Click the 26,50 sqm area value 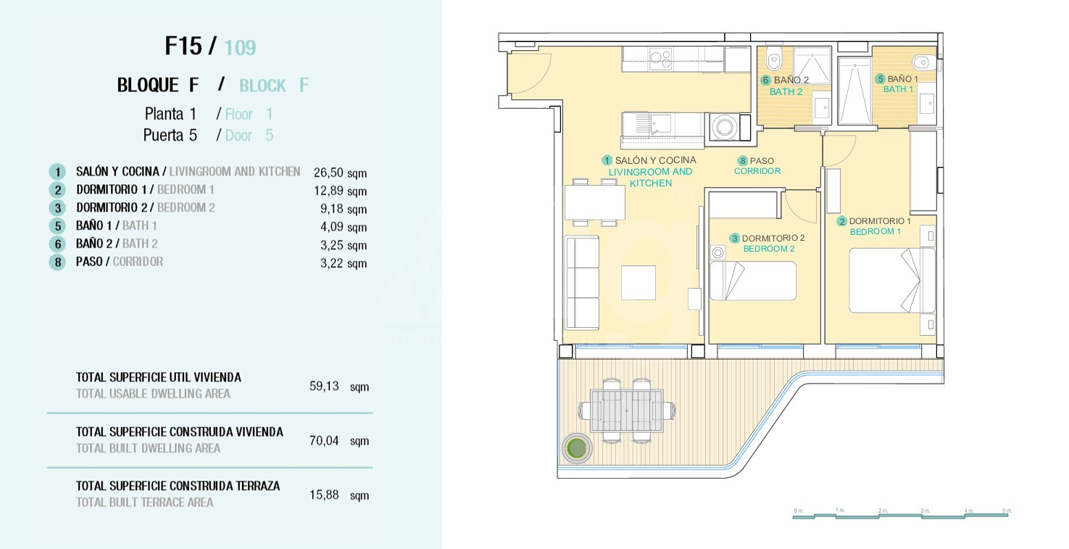click(340, 173)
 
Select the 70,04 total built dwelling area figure click(324, 440)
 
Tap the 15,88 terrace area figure click(324, 495)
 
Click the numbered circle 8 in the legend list click(57, 262)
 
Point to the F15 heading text click(184, 46)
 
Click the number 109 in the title click(240, 48)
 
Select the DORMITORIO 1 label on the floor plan click(880, 221)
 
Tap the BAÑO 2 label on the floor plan click(791, 81)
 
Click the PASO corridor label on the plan click(762, 161)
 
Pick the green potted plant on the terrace click(576, 447)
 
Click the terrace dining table click(627, 410)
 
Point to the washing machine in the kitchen click(725, 127)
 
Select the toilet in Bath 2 click(774, 59)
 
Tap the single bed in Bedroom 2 click(752, 280)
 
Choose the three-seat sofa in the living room click(582, 283)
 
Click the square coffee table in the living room click(638, 283)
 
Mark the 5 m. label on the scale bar click(1007, 511)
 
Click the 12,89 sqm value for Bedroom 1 click(340, 191)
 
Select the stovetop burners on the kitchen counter click(661, 59)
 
